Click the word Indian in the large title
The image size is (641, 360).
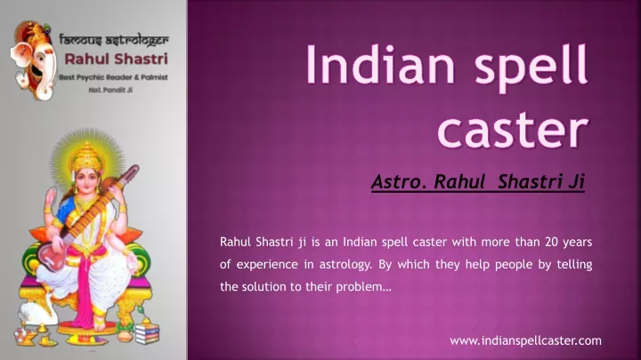point(380,64)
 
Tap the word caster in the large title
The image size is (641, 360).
point(513,130)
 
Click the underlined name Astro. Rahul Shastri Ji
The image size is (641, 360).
point(478,181)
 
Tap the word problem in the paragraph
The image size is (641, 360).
point(363,287)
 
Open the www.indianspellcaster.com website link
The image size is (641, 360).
point(525,340)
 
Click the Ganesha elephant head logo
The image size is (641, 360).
point(34,60)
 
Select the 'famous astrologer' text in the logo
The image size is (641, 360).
point(114,40)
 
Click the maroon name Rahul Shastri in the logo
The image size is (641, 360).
point(116,59)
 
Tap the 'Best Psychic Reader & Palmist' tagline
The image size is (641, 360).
point(113,77)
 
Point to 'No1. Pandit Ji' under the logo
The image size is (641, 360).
point(110,90)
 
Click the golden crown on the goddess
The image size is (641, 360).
point(87,157)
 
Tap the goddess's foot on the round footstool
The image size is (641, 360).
point(100,324)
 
